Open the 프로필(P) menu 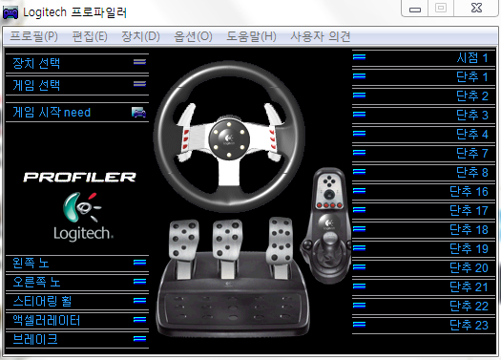(x=33, y=36)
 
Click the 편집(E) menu (x=90, y=36)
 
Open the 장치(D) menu (x=140, y=36)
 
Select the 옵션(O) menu (x=193, y=36)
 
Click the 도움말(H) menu (x=252, y=36)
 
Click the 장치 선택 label (x=36, y=63)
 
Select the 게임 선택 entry (x=36, y=85)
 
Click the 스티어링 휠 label (x=42, y=301)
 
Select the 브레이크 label (x=35, y=339)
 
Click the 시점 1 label (x=471, y=58)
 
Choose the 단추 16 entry (x=469, y=192)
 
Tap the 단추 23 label (x=469, y=326)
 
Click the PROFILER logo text (x=80, y=177)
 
